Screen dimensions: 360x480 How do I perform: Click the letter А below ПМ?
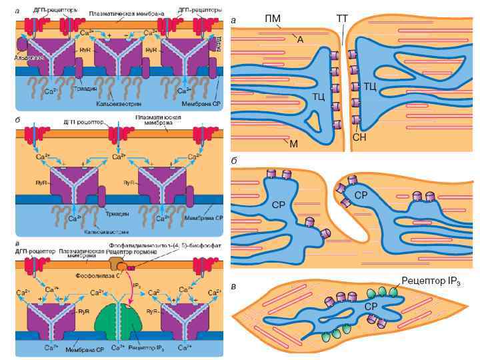tap(300, 40)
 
